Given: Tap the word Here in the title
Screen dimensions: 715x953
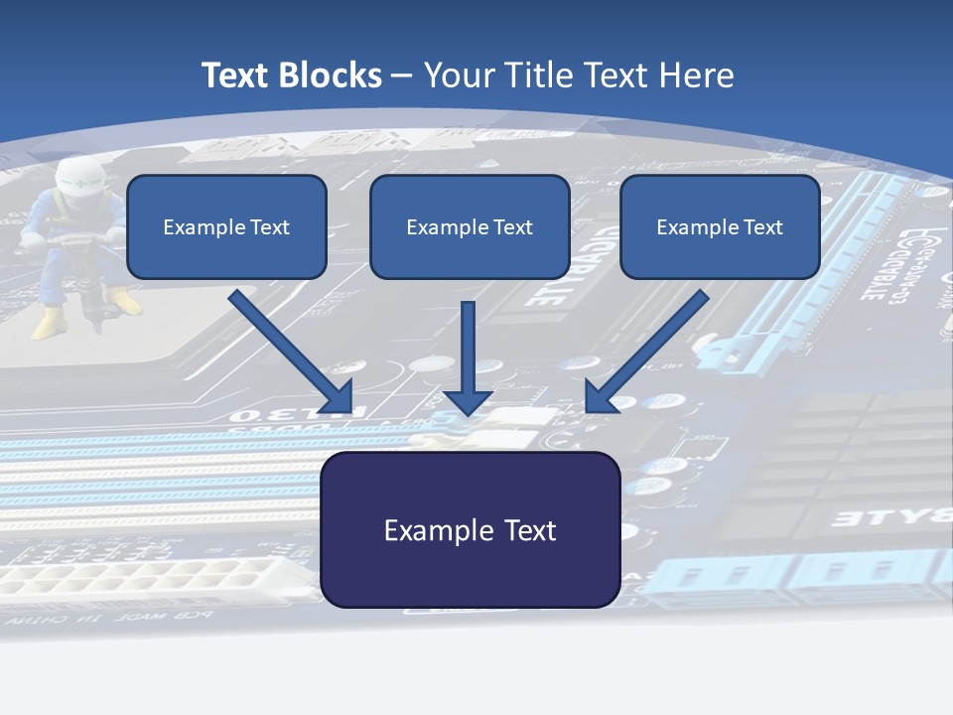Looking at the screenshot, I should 699,75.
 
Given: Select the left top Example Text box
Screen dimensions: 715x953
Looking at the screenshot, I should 226,227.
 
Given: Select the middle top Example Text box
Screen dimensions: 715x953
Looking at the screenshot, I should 470,227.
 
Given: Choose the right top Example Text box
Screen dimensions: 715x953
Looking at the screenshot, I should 720,227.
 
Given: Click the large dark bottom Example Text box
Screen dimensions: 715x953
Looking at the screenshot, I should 470,529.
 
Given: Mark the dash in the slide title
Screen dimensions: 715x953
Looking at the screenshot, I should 402,75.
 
